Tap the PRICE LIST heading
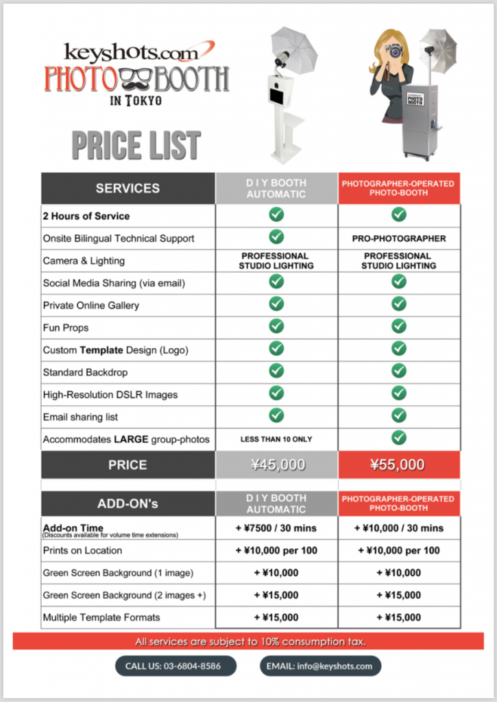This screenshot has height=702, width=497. (x=136, y=145)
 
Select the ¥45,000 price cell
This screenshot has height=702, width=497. (x=276, y=465)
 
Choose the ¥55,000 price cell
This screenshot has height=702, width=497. (x=398, y=465)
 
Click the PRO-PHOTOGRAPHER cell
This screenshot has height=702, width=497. (x=399, y=239)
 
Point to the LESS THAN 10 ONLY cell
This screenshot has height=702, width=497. (x=276, y=439)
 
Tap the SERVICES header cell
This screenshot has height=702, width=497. (x=128, y=188)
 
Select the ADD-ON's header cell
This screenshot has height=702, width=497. (x=128, y=503)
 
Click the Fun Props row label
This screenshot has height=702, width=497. (x=66, y=328)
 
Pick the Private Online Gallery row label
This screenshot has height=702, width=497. (x=91, y=305)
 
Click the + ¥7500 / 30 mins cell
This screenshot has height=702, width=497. (x=276, y=528)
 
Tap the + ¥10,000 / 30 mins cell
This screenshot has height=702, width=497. (x=399, y=528)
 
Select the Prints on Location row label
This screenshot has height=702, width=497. (x=82, y=550)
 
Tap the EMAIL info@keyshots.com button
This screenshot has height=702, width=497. (x=320, y=666)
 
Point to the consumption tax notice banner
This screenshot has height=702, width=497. (x=248, y=642)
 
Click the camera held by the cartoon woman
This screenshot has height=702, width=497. (x=396, y=51)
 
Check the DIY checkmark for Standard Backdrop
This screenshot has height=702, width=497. (x=276, y=371)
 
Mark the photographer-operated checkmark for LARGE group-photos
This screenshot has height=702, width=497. (x=399, y=437)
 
